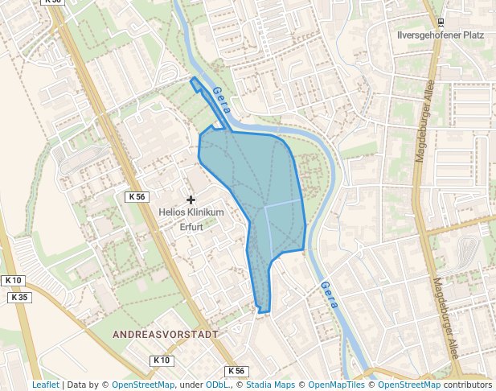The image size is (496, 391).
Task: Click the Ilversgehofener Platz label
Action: tap(440, 35)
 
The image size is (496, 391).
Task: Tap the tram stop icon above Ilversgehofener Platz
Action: tap(440, 23)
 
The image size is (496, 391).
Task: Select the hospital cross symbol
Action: tap(191, 199)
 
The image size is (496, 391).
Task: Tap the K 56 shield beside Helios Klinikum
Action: tap(137, 196)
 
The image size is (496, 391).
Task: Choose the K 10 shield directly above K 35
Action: tap(13, 280)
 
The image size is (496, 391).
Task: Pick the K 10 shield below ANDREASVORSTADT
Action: tap(162, 360)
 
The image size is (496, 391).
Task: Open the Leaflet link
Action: tap(45, 385)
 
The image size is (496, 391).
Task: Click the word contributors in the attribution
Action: tap(468, 385)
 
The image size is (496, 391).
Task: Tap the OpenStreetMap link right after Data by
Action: tap(143, 385)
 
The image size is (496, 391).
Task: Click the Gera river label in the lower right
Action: tap(329, 295)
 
